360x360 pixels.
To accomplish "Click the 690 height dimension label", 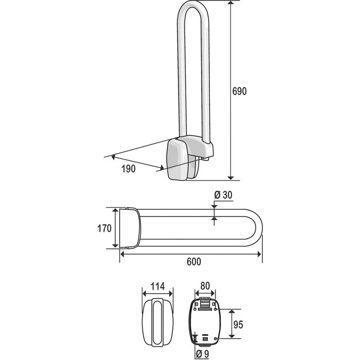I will click(239, 91).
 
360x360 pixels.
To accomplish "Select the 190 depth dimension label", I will click(129, 169).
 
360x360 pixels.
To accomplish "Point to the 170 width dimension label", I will click(104, 228).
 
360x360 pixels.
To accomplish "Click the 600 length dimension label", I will click(193, 262).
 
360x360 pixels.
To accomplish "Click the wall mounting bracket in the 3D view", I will click(180, 159).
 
